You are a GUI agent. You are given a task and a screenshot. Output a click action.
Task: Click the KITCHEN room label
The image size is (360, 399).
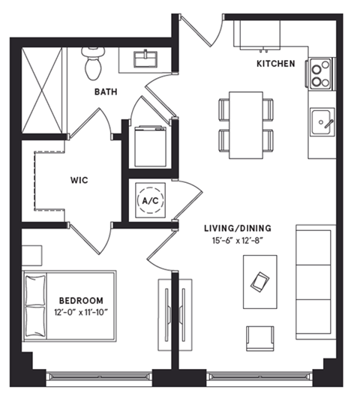[276, 64]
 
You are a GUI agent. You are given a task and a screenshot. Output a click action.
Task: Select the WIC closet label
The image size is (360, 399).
[81, 180]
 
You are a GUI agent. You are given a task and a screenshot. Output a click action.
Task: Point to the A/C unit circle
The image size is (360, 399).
[150, 201]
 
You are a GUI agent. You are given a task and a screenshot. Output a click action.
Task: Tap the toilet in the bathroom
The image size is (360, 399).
[94, 64]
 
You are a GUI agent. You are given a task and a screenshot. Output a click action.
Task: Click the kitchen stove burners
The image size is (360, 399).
[321, 73]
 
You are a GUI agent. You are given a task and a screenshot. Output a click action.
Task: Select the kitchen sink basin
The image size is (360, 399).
[322, 122]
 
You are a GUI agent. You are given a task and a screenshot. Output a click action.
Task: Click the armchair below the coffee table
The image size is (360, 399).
[259, 337]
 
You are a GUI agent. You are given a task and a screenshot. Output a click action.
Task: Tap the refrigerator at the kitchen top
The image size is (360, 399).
[256, 34]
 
